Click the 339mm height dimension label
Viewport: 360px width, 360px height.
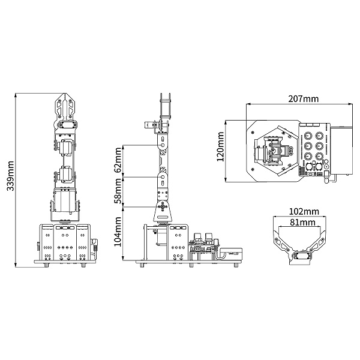pyautogui.click(x=11, y=176)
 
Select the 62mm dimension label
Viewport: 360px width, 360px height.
pyautogui.click(x=118, y=160)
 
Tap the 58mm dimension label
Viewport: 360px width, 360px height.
pyautogui.click(x=118, y=191)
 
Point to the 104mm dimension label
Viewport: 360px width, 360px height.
pyautogui.click(x=118, y=232)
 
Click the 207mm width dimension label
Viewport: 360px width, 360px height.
pyautogui.click(x=303, y=99)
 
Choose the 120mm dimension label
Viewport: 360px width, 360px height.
pyautogui.click(x=220, y=146)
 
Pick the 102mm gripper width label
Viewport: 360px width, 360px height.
pyautogui.click(x=304, y=211)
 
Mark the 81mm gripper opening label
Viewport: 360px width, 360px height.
pyautogui.click(x=302, y=222)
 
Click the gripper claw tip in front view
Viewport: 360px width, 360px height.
pyautogui.click(x=65, y=94)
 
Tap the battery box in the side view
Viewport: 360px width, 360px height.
pyautogui.click(x=232, y=253)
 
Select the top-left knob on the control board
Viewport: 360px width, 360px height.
pyautogui.click(x=308, y=136)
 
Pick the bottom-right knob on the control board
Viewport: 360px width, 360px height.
pyautogui.click(x=319, y=157)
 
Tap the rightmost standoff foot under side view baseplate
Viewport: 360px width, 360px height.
pyautogui.click(x=236, y=265)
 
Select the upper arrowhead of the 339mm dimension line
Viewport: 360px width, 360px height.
pyautogui.click(x=16, y=95)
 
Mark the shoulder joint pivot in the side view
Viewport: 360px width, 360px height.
pyautogui.click(x=163, y=206)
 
